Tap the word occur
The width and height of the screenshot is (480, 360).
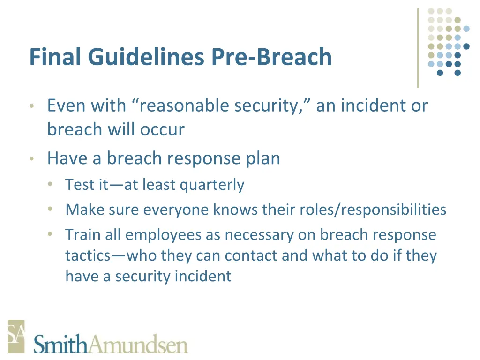tap(164, 129)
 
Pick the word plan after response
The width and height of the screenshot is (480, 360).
tap(263, 159)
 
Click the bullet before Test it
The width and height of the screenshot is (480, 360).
tap(50, 184)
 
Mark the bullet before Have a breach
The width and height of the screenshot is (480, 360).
tap(31, 159)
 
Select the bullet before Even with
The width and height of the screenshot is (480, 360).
tap(31, 106)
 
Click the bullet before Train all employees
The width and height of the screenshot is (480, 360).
tap(50, 233)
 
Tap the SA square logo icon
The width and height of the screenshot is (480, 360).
tap(15, 336)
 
